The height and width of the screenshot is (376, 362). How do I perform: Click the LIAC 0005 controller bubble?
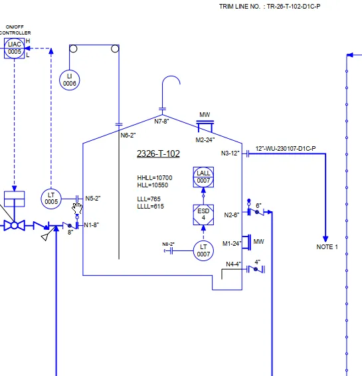point(14,48)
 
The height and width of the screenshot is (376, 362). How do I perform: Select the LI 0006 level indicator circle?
point(70,80)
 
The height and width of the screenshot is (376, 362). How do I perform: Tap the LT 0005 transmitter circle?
point(51,199)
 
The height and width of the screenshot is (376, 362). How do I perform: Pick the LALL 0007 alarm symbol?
point(203,177)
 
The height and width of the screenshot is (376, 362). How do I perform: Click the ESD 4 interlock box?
point(203,215)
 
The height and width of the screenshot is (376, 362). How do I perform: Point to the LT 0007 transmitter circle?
point(203,251)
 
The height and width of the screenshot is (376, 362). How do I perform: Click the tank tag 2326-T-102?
point(158,153)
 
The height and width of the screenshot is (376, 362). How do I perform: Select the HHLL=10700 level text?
point(155,178)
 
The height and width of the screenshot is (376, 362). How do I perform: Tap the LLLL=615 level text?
point(151,206)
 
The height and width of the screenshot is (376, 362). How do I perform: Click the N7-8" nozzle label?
point(161,122)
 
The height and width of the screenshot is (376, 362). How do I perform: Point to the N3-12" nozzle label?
point(230,153)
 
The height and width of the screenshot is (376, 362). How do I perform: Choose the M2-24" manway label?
point(205,140)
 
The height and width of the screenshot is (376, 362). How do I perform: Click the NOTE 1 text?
point(327,247)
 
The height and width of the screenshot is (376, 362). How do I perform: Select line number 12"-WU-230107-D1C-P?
point(286,149)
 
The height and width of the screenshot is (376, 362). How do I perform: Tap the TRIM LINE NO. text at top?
point(239,7)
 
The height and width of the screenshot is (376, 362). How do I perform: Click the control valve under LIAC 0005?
point(15,226)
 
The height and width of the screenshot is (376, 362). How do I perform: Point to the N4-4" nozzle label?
point(233,264)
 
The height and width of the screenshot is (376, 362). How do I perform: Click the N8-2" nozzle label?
point(168,244)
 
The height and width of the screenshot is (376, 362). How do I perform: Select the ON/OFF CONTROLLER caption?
point(15,30)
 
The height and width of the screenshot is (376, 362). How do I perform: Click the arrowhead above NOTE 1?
point(325,239)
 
